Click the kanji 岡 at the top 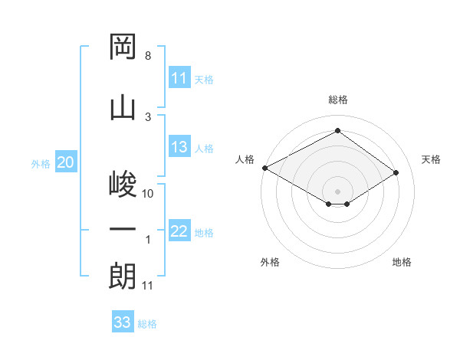[x=123, y=47]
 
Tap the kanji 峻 [x=123, y=185]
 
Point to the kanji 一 [x=123, y=229]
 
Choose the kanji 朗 [x=123, y=276]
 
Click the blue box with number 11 [x=179, y=78]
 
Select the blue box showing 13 [x=179, y=148]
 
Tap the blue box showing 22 [x=179, y=232]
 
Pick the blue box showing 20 [x=66, y=162]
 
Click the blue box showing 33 [x=123, y=322]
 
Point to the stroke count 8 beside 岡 [x=147, y=57]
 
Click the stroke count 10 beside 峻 [x=148, y=194]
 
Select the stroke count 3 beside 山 [x=147, y=116]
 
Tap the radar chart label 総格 [x=337, y=100]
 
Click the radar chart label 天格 [x=431, y=159]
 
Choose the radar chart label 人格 [x=245, y=159]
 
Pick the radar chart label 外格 [x=270, y=262]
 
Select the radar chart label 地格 [x=402, y=262]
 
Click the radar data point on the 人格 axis [x=264, y=168]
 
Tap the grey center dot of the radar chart [x=337, y=191]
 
